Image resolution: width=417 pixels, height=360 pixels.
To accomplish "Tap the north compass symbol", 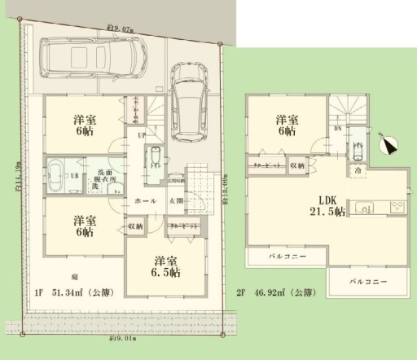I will pos(388,145).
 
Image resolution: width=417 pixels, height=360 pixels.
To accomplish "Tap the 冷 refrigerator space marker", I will pos(357,171).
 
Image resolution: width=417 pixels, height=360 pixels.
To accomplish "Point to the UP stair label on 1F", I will pos(142,134).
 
